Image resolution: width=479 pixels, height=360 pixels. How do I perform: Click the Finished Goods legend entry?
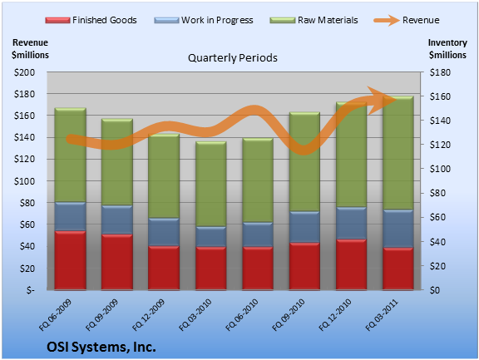(91, 20)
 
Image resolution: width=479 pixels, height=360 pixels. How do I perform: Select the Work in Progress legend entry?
(204, 20)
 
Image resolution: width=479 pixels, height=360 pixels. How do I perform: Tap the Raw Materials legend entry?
(314, 20)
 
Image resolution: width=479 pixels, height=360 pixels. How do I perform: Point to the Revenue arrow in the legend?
(387, 21)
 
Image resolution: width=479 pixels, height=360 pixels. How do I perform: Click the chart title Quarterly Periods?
(233, 57)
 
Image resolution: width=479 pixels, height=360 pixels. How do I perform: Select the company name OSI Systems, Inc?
(101, 347)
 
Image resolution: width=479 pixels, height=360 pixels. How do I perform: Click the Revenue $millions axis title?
(30, 48)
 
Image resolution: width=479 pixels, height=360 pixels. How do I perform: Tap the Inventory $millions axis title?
(447, 48)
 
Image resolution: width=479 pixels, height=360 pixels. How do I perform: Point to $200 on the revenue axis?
(24, 72)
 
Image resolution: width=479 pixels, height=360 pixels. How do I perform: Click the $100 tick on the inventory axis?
(440, 169)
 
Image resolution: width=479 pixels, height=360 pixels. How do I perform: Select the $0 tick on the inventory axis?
(435, 290)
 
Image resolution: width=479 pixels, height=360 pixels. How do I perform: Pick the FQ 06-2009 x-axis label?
(55, 315)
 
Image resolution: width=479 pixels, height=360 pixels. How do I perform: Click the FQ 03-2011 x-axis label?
(382, 315)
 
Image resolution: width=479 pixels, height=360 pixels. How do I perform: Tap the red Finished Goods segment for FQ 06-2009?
(70, 260)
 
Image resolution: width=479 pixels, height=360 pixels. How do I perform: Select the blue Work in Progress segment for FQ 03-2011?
(398, 229)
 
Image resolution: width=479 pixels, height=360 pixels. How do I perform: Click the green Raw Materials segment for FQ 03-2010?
(210, 184)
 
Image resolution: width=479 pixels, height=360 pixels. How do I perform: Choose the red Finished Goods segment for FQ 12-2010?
(351, 264)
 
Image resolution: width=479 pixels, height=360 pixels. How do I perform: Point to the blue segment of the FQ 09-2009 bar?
(117, 219)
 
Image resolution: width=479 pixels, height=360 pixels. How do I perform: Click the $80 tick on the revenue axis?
(27, 202)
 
